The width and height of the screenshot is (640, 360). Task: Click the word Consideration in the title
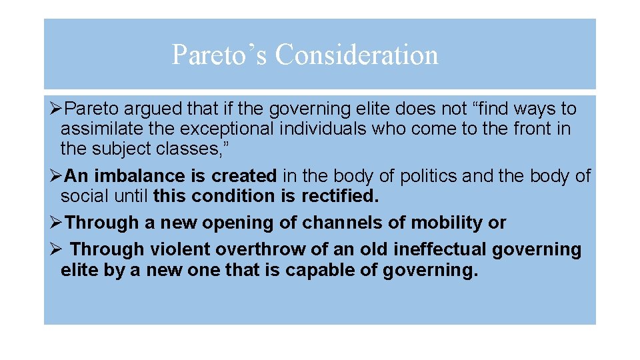pyautogui.click(x=357, y=55)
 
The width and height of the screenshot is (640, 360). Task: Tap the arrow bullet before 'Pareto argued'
pyautogui.click(x=56, y=108)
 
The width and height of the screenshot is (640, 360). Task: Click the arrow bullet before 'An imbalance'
pyautogui.click(x=56, y=176)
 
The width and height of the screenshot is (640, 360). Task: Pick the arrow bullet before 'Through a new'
pyautogui.click(x=56, y=223)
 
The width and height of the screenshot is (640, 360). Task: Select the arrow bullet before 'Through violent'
pyautogui.click(x=56, y=249)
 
